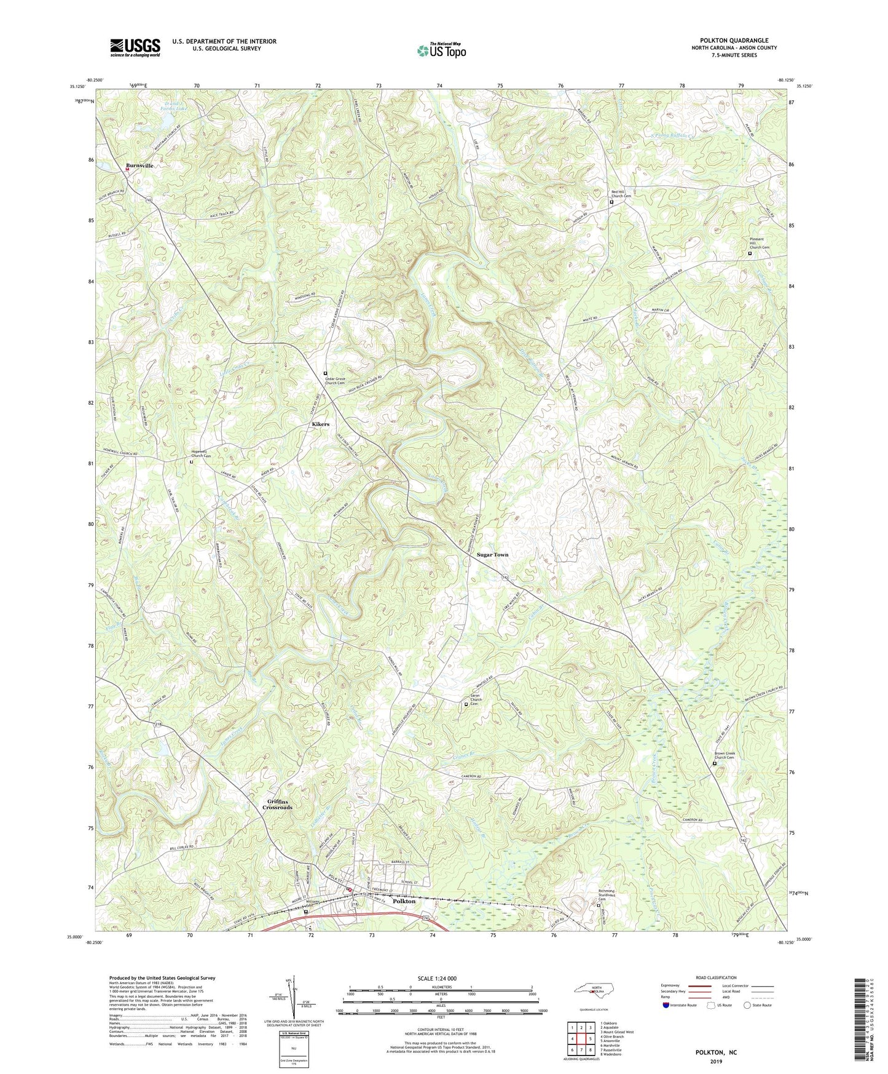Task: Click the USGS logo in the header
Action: pyautogui.click(x=135, y=47)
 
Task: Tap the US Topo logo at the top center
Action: pyautogui.click(x=441, y=50)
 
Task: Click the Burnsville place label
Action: pyautogui.click(x=139, y=166)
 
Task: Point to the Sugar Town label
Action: pyautogui.click(x=493, y=555)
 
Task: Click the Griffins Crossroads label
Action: pyautogui.click(x=280, y=804)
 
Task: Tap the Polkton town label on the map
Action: pyautogui.click(x=404, y=901)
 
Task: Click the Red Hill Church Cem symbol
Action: pyautogui.click(x=611, y=202)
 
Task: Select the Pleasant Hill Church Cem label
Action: pyautogui.click(x=758, y=243)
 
